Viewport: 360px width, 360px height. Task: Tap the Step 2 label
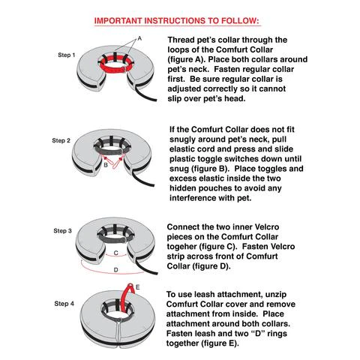(x=61, y=140)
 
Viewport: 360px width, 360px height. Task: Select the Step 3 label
(x=61, y=230)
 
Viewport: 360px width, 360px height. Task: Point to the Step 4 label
(x=61, y=302)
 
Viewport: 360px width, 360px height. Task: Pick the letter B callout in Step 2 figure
(x=106, y=162)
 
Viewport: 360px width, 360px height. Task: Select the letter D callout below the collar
(x=114, y=268)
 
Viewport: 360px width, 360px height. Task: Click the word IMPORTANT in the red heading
(x=121, y=20)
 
